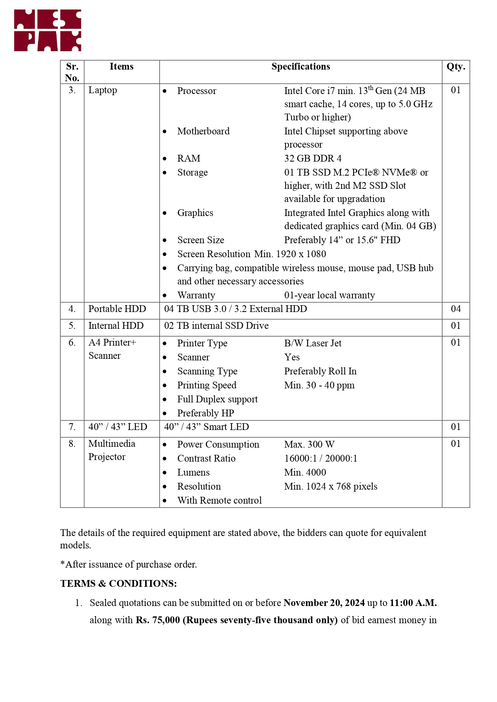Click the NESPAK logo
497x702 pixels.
click(48, 30)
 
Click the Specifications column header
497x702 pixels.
click(300, 66)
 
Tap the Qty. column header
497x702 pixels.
click(455, 66)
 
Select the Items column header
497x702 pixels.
click(121, 66)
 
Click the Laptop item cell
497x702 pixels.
click(103, 90)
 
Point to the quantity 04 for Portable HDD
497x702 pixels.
click(455, 309)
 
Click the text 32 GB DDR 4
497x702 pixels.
click(313, 158)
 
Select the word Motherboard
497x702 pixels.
click(203, 131)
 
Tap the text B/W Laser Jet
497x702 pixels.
click(313, 343)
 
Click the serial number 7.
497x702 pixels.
click(72, 427)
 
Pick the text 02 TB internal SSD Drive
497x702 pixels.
click(216, 326)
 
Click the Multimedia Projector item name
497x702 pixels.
click(111, 450)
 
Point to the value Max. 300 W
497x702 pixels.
click(309, 444)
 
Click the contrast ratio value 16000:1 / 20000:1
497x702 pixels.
click(320, 458)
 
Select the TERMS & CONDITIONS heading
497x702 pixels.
click(119, 584)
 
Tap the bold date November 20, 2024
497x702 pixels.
click(324, 603)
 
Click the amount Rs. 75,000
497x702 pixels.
click(158, 620)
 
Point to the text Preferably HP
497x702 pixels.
click(205, 413)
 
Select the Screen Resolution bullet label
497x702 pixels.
click(214, 254)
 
